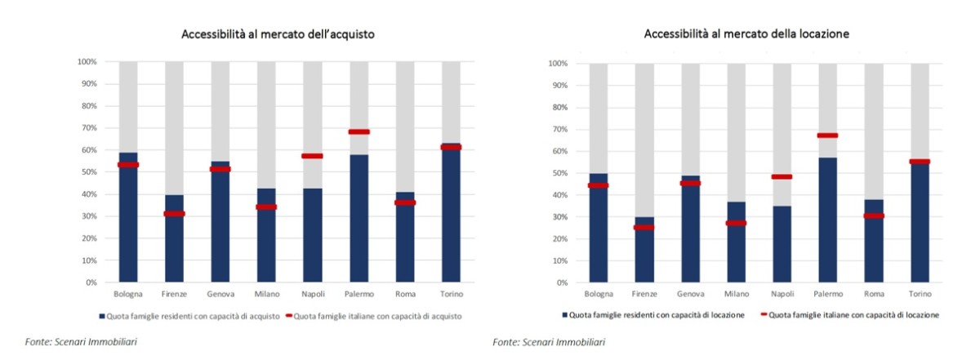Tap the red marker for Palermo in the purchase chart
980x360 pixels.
pos(359,131)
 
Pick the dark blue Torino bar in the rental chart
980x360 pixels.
pos(920,224)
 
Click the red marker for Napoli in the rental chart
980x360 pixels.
pos(782,176)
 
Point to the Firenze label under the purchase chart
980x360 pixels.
pos(174,293)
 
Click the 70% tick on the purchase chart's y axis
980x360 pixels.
pos(87,128)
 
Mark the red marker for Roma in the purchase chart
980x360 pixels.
pos(405,202)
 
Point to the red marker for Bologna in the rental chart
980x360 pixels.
pos(598,185)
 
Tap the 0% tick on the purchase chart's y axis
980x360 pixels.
pos(90,282)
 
